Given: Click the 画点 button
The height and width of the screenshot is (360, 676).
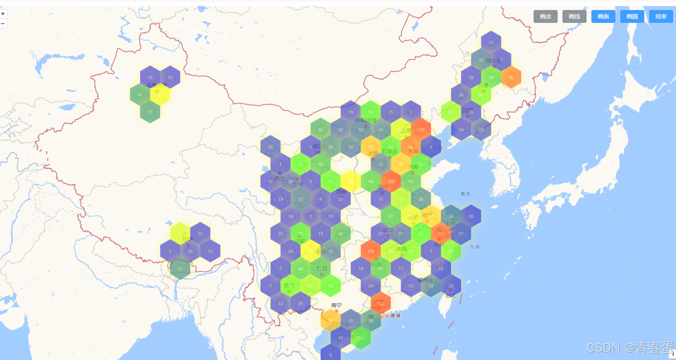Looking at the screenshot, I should (x=545, y=16).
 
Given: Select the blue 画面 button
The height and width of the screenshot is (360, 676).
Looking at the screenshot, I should (x=603, y=16).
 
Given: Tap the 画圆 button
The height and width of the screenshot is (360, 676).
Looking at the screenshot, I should (x=632, y=16).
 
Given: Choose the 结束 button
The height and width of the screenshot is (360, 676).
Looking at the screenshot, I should (x=661, y=16).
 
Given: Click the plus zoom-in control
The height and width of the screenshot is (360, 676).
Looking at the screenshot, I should (x=3, y=14).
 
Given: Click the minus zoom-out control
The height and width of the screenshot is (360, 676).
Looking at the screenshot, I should (x=3, y=24).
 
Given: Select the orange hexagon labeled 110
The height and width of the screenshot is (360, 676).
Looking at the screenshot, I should (x=421, y=130).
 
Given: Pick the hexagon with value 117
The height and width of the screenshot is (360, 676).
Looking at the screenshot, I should (x=441, y=234).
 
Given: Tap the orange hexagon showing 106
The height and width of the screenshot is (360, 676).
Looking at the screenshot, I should (x=371, y=251).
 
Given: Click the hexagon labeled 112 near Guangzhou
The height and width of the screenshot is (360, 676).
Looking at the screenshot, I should (x=381, y=303).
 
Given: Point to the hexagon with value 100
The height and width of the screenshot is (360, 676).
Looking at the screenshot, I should (x=391, y=181).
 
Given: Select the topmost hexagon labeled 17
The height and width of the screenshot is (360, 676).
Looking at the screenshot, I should (x=491, y=43).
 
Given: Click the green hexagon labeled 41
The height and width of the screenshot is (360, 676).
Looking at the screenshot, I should (x=140, y=95).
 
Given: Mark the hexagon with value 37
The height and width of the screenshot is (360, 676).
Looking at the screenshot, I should (x=180, y=268).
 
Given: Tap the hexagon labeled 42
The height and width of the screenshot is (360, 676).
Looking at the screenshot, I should (x=321, y=130).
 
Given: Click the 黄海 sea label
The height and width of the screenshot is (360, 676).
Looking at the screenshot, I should (x=465, y=194).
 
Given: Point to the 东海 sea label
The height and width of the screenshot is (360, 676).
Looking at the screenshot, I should (x=475, y=247).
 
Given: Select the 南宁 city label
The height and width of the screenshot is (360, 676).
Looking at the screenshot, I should (x=337, y=305).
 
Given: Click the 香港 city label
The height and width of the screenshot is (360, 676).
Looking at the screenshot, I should (x=396, y=316).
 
